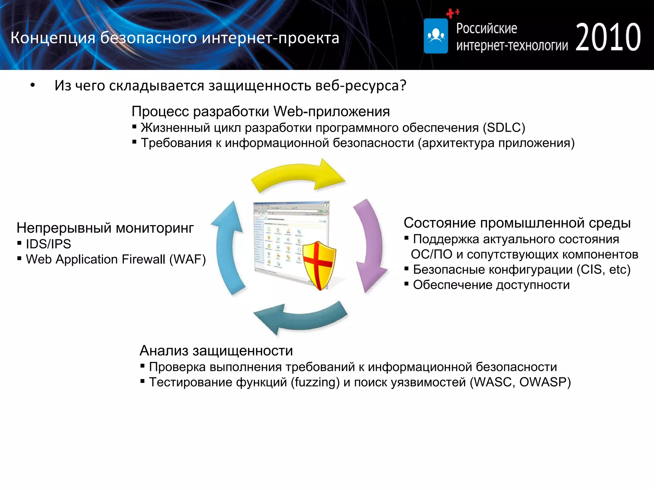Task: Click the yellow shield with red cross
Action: coord(319,265)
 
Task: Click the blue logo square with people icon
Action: coord(436,36)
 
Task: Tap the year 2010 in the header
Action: coord(608,37)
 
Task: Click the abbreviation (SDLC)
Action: coord(504,128)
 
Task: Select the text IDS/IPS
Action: coord(48,244)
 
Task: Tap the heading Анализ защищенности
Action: coord(216,351)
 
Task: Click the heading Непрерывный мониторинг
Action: coord(105,228)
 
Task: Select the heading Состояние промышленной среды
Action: coord(517,223)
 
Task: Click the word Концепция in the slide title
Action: coord(53,38)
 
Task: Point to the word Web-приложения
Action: coord(332,112)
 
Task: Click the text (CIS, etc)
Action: coord(603,269)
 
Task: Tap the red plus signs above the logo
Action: coord(452,13)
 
